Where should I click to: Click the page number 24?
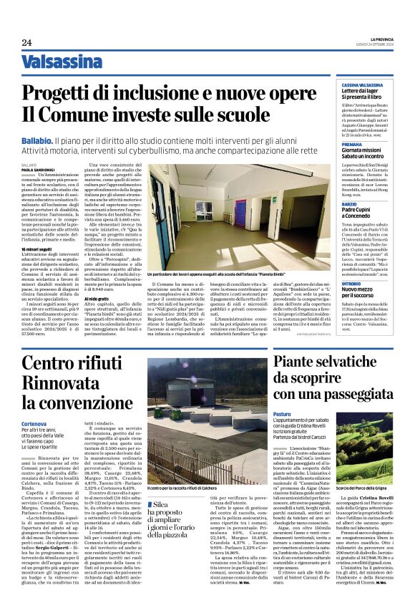point(26,43)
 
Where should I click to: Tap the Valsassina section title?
point(62,62)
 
